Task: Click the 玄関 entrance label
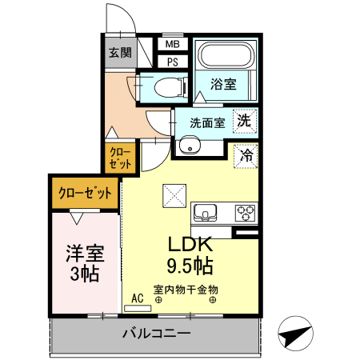tap(120, 53)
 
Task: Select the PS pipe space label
tap(172, 62)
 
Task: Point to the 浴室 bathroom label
tap(223, 83)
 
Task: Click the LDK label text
tap(189, 245)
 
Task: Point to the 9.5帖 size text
tap(189, 263)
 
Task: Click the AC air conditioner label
tap(137, 298)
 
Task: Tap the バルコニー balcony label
tap(156, 332)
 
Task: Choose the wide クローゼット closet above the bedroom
tap(85, 192)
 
